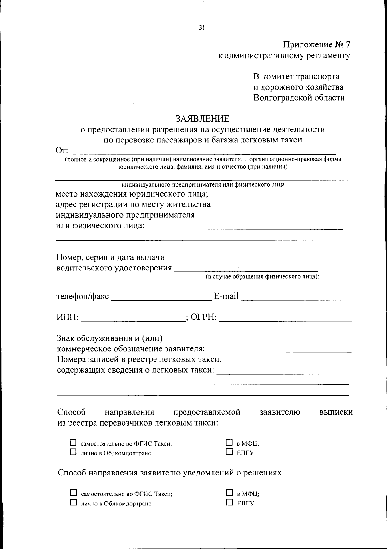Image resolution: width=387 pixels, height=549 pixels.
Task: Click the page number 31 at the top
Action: pyautogui.click(x=202, y=28)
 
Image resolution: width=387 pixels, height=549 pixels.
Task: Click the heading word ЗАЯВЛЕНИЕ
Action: pyautogui.click(x=202, y=119)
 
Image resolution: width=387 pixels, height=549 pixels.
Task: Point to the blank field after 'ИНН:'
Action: pyautogui.click(x=133, y=318)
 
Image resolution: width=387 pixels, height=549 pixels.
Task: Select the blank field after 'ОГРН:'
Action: pyautogui.click(x=285, y=318)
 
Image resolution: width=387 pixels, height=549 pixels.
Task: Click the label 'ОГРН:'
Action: pyautogui.click(x=203, y=317)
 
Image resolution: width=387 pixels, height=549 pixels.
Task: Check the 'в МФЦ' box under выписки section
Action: pyautogui.click(x=229, y=442)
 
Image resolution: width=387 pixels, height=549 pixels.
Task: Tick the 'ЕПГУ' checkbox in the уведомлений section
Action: pyautogui.click(x=229, y=502)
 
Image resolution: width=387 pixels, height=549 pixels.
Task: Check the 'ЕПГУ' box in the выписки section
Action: pyautogui.click(x=229, y=452)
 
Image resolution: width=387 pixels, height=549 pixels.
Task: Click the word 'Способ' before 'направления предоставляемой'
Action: pyautogui.click(x=71, y=412)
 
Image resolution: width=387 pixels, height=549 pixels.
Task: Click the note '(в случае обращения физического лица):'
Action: pyautogui.click(x=262, y=277)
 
